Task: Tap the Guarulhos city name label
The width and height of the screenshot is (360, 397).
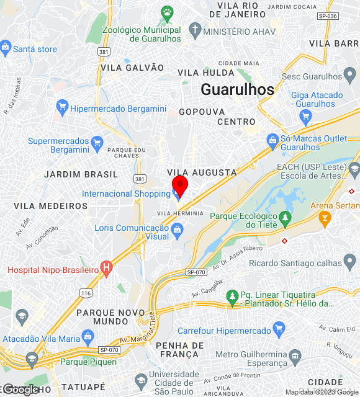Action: coord(237,89)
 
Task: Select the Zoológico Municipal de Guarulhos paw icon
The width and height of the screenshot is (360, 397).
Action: coord(167,12)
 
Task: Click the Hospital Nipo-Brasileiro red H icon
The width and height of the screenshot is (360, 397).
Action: coord(107,269)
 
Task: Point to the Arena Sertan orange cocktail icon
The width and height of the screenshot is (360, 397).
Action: coord(324,218)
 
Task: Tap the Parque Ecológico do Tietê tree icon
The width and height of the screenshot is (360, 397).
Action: coord(285,218)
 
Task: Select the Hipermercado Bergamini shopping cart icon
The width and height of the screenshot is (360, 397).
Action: coord(61,108)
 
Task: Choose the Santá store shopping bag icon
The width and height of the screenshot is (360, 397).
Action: coord(6,47)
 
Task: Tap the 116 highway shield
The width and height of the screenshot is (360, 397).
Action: coord(86,292)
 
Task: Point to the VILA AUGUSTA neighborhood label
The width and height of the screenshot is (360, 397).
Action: coord(202,172)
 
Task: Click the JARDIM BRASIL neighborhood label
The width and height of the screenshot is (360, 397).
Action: coord(81,174)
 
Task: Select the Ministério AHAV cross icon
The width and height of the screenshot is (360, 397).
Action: coord(195,30)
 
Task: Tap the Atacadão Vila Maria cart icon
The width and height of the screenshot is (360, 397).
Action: coord(88,338)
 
